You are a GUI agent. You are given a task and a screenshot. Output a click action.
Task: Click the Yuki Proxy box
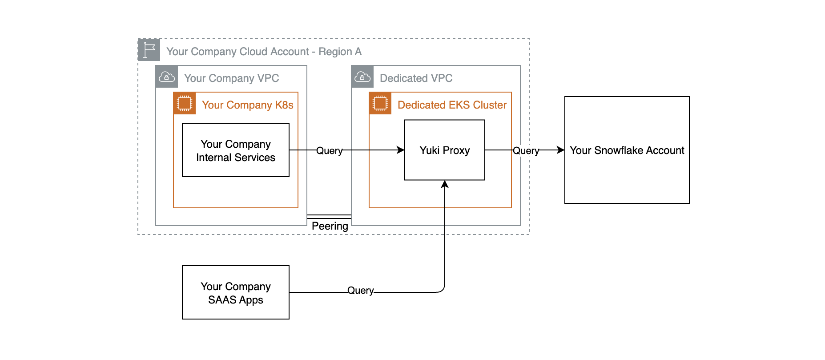[444, 150]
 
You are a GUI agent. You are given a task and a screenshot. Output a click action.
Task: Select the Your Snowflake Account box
[627, 150]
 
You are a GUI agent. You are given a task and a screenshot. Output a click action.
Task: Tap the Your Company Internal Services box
[235, 150]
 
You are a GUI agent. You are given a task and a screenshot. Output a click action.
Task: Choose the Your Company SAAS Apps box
[235, 293]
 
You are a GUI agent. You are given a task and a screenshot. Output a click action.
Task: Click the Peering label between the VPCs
[330, 226]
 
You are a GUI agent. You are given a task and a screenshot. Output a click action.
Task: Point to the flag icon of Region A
[149, 50]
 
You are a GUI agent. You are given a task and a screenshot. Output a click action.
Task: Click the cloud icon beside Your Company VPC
[167, 77]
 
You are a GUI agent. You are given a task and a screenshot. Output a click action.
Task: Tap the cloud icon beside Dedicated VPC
[362, 77]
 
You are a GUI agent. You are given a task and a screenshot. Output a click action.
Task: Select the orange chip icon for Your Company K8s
[185, 103]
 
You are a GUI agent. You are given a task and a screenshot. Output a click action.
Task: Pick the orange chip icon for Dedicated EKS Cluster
[380, 103]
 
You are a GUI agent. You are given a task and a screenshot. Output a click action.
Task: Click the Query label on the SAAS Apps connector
[360, 291]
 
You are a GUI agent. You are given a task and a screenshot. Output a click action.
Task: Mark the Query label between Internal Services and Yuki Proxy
[329, 151]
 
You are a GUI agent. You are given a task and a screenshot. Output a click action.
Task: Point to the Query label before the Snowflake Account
[526, 151]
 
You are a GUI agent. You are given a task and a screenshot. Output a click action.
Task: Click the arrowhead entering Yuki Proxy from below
[445, 184]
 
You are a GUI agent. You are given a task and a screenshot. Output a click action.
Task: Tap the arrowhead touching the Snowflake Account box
[561, 150]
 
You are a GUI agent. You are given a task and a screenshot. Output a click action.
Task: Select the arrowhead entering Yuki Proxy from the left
[401, 150]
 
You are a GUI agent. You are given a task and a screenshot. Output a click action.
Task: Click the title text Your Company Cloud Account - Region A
[264, 52]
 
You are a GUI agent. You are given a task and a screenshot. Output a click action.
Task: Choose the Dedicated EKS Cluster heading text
[452, 105]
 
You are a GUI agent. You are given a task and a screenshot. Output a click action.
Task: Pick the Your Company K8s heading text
[247, 105]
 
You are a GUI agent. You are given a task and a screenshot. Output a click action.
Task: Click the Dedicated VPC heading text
[416, 78]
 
